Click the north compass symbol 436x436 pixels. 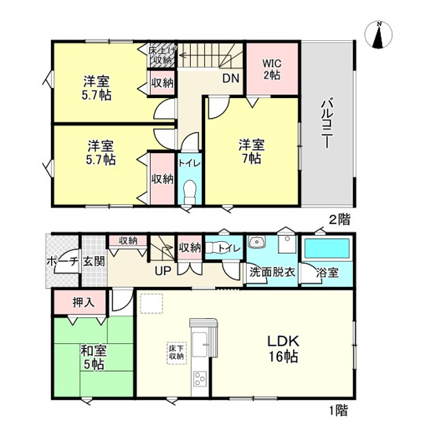click(x=379, y=35)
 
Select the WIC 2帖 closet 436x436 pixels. click(x=271, y=68)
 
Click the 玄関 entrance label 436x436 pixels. click(x=94, y=262)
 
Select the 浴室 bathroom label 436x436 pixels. click(x=327, y=273)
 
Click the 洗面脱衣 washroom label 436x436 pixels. click(x=273, y=273)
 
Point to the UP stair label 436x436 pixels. click(x=163, y=272)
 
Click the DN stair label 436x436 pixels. click(x=230, y=78)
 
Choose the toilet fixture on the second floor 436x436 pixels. click(x=189, y=192)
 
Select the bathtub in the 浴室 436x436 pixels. click(x=328, y=251)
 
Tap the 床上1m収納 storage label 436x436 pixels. click(x=162, y=54)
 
